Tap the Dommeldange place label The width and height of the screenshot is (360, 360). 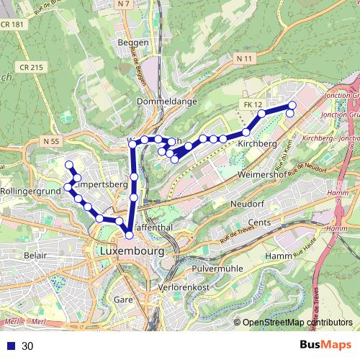166,102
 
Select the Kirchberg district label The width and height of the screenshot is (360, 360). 257,144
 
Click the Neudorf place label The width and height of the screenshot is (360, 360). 248,204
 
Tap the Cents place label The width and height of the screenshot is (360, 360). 259,222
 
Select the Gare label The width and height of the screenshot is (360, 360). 124,298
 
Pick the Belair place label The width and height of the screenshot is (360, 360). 35,256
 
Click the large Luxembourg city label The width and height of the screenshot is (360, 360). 130,252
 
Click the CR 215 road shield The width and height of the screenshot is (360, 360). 32,67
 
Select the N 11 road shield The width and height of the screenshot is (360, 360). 245,57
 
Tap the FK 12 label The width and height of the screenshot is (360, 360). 253,105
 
